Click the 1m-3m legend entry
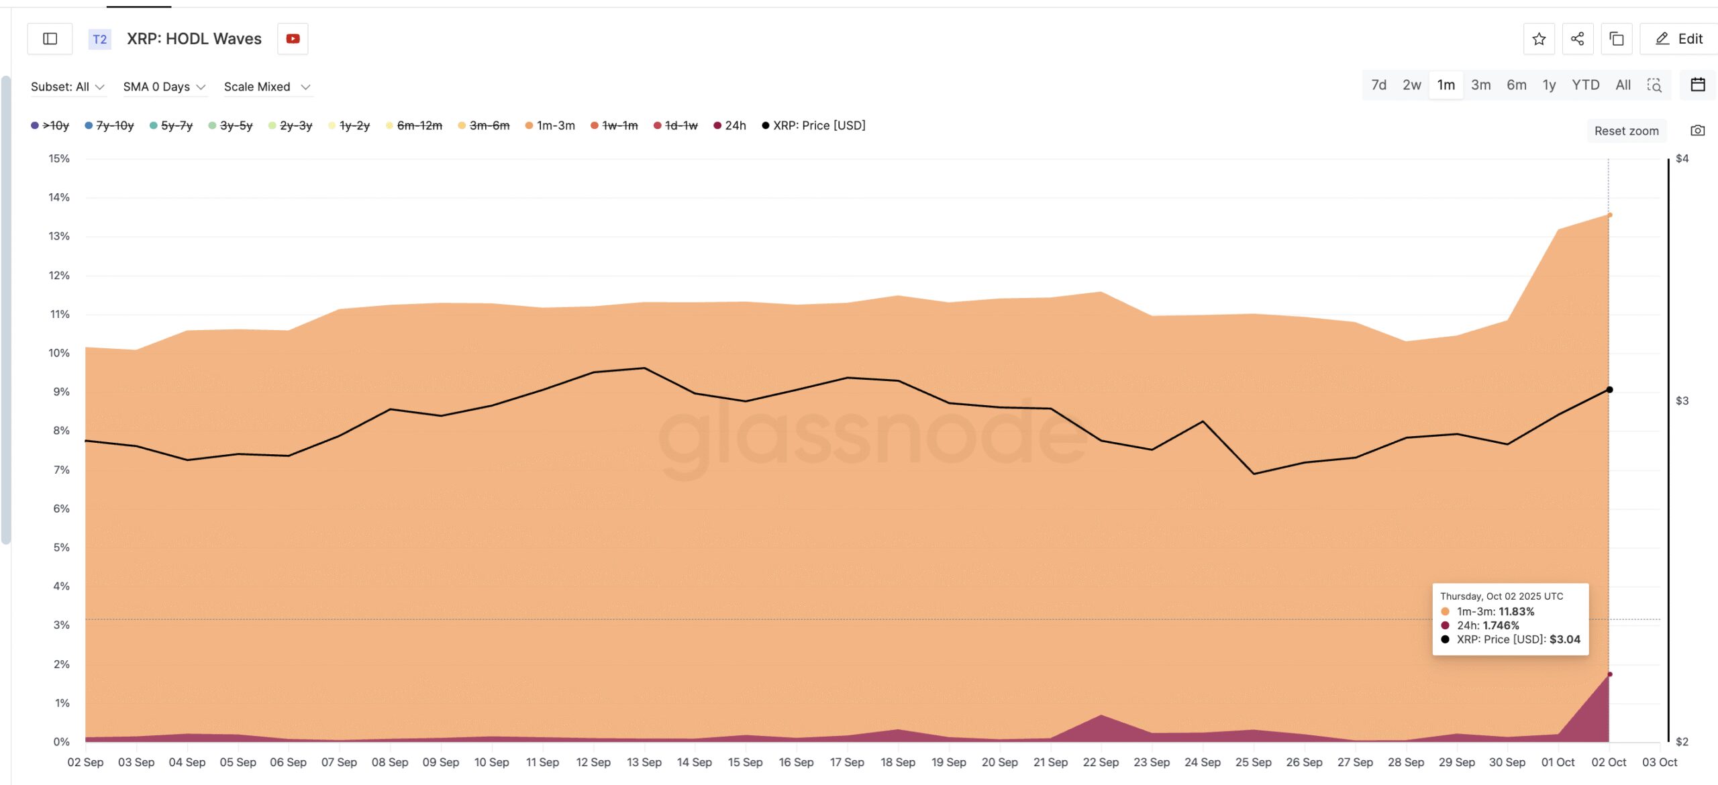(550, 125)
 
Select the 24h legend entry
(730, 125)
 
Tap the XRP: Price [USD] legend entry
(813, 125)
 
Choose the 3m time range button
(1480, 85)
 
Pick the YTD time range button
(1585, 85)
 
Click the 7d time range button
(1378, 85)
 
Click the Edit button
(1679, 39)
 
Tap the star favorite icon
(1539, 39)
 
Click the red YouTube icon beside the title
(293, 39)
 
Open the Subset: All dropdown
(68, 87)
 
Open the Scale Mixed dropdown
(267, 87)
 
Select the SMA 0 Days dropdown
(164, 87)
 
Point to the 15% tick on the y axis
(59, 158)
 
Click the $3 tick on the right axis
(1682, 401)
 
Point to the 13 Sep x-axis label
(644, 762)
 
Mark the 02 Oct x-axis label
(1609, 762)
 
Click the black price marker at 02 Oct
(1609, 390)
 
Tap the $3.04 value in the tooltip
(1564, 639)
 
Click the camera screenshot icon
(1697, 130)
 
